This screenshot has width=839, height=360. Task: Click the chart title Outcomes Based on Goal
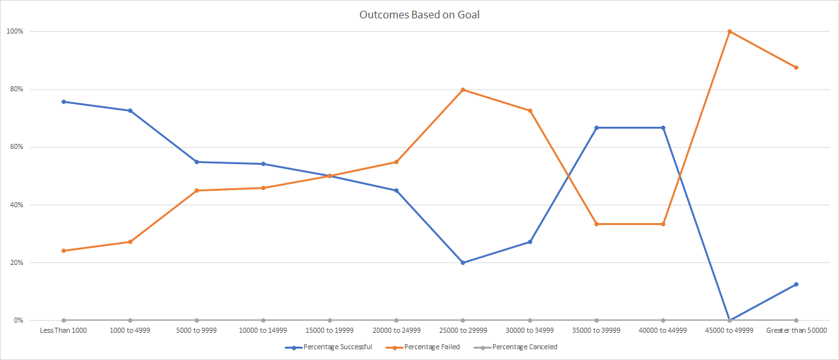(419, 15)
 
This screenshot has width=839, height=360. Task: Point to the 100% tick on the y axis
(15, 31)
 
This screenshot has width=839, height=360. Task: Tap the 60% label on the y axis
(15, 147)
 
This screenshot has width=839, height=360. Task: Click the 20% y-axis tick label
(15, 262)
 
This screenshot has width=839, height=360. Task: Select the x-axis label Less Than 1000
(63, 330)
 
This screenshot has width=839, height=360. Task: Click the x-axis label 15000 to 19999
(330, 330)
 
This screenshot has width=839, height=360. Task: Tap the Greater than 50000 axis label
(796, 330)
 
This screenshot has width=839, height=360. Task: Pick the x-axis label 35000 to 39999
(596, 330)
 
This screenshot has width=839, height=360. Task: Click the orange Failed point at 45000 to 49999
(729, 31)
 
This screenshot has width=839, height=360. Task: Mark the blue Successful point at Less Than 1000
(63, 101)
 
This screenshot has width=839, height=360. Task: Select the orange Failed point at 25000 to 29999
(463, 89)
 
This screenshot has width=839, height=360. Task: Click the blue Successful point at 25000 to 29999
(463, 262)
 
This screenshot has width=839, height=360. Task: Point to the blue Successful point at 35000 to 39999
(596, 127)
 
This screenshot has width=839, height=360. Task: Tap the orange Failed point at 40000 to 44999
(663, 224)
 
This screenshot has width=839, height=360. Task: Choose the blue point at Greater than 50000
(796, 284)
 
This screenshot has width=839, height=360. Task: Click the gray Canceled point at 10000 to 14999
(263, 320)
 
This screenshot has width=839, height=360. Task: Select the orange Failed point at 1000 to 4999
(130, 241)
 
